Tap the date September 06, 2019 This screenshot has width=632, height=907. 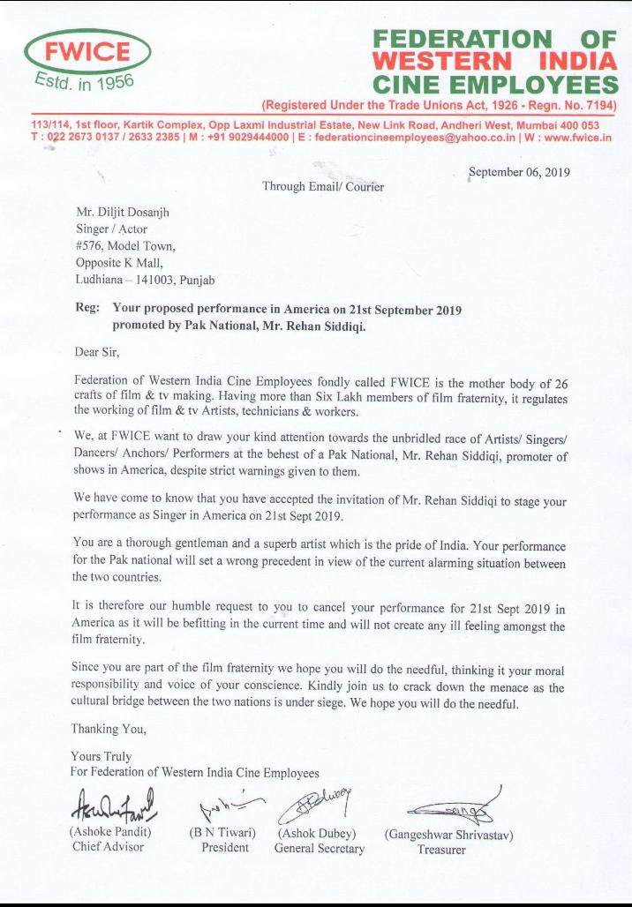click(519, 172)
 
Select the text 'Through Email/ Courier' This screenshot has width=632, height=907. click(323, 187)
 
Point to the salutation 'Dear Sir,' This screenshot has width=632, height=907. click(96, 352)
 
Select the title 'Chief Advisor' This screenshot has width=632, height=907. click(108, 847)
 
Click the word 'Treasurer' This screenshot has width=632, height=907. click(441, 850)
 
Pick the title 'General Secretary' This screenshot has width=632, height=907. click(319, 849)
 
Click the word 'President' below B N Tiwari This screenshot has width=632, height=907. click(224, 848)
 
